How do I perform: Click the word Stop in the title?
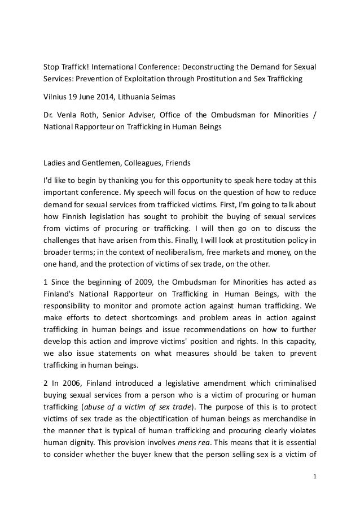pyautogui.click(x=52, y=69)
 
